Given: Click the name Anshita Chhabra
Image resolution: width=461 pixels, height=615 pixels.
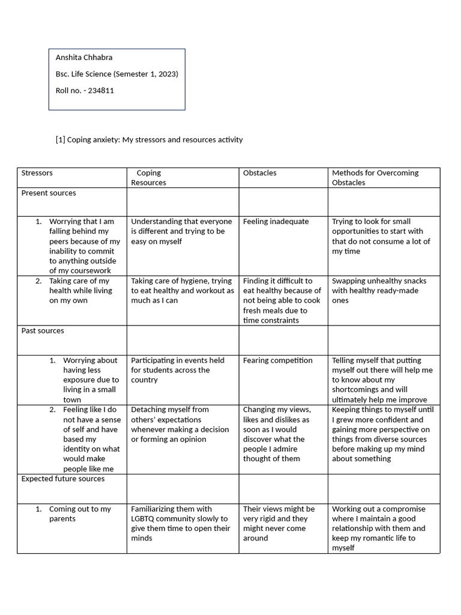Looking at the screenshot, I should coord(84,58).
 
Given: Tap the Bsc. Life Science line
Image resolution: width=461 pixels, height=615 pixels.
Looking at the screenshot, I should coord(116,74).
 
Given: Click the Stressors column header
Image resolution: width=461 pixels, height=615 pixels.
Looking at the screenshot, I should coord(37,173).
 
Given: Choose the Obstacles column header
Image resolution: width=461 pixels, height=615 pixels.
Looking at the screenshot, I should coord(259,173).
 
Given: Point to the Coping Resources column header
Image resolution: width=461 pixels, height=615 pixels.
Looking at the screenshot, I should coord(148,178).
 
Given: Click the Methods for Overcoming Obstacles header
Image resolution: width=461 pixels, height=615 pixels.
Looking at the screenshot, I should coord(375,178).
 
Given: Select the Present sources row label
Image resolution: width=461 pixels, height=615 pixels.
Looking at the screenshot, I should coord(49,193).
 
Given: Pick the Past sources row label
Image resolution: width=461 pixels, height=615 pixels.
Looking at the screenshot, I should coord(43,331).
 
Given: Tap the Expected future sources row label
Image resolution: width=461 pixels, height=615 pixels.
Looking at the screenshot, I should coord(63,479).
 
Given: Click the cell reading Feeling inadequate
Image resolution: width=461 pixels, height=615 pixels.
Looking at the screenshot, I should coord(276,222).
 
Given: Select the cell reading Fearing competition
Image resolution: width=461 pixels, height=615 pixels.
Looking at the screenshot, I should coord(277,360).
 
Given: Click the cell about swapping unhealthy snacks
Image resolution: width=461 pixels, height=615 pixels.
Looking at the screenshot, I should coord(379,291).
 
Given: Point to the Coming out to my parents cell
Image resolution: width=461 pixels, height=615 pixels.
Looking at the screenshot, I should coord(79,514).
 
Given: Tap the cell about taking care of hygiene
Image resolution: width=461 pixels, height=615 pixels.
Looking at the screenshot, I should coord(182,291).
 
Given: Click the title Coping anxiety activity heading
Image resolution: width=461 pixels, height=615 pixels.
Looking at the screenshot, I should coord(149,139).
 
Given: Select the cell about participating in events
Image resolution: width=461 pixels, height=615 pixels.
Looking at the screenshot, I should coord(177,370).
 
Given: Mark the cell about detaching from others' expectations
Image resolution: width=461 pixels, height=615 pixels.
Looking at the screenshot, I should coord(179,424).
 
